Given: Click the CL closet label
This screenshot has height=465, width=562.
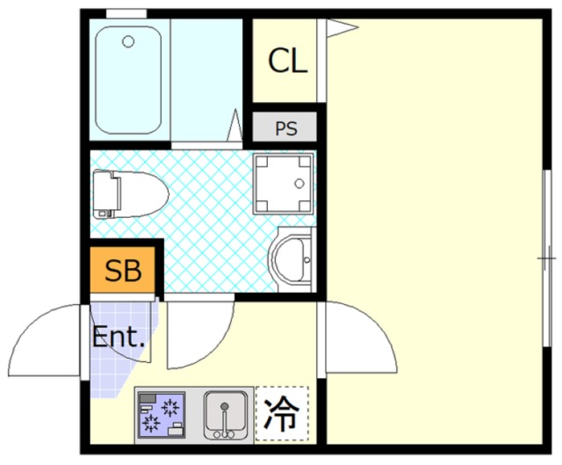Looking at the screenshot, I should click(x=287, y=61).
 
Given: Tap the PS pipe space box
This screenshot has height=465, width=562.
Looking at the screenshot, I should click(x=285, y=128).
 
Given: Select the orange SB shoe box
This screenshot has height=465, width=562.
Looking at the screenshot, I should click(x=123, y=271).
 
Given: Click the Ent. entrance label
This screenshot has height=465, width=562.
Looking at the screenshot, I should click(x=118, y=337).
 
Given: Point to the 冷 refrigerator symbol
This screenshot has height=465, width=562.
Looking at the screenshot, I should click(x=281, y=414).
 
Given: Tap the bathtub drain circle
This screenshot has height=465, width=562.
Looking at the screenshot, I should click(x=128, y=41).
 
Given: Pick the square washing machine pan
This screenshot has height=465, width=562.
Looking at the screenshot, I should click(x=283, y=184).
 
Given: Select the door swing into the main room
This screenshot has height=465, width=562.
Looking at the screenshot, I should click(x=360, y=338).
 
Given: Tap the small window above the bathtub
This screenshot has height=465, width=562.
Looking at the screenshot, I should click(x=126, y=14).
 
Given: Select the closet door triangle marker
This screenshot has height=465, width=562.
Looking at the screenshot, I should click(x=341, y=27).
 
